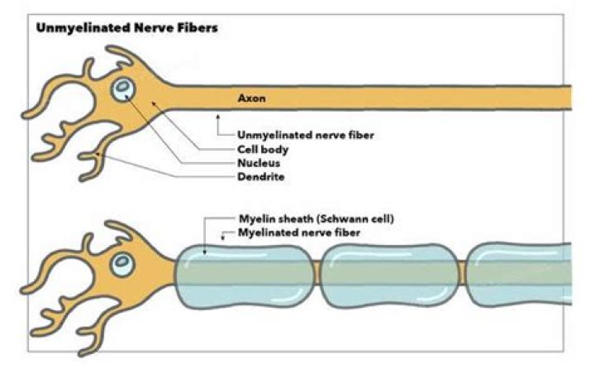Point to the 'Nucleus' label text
tap(257, 163)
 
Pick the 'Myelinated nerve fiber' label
tap(294, 235)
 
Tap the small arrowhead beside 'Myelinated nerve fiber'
tap(224, 236)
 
